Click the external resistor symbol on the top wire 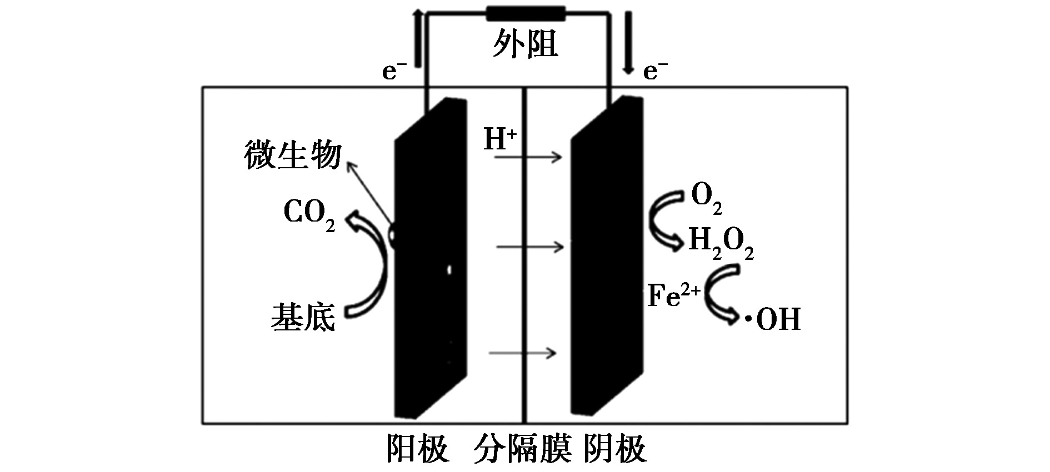click(526, 14)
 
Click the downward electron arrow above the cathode click(628, 41)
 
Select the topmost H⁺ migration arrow click(528, 157)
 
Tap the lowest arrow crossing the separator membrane click(523, 353)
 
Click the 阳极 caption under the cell click(418, 449)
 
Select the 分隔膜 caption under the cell click(523, 449)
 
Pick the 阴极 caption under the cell click(615, 449)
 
